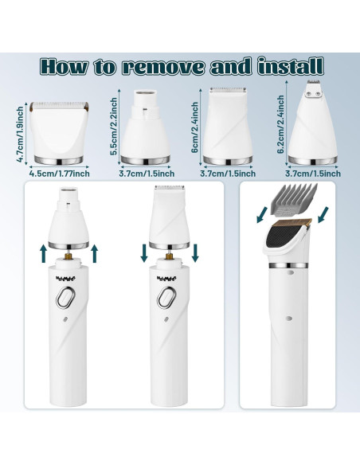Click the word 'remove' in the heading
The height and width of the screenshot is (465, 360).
coord(163,67)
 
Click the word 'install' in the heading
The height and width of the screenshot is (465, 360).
coord(290,66)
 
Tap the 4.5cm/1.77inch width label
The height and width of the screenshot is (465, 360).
coord(59,174)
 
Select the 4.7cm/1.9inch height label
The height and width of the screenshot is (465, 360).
coord(20,134)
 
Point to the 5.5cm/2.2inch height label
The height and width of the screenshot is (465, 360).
coord(114,127)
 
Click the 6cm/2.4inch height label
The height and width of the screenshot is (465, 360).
coord(195,127)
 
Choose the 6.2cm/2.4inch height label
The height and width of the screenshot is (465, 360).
coord(280,124)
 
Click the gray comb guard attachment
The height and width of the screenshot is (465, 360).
coord(292,201)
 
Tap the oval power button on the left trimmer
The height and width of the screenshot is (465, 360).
coord(66,298)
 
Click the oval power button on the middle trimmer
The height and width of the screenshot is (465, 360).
coord(166,298)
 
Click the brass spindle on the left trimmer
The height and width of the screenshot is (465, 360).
coord(68,255)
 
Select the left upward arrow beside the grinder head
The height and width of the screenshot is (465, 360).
coord(43,253)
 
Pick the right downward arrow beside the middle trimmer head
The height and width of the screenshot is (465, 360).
coord(195,253)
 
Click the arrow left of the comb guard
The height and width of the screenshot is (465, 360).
coord(262,215)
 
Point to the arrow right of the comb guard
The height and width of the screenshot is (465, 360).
coord(323,215)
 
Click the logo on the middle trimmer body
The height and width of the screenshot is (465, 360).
coord(166,278)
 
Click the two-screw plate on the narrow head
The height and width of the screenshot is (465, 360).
coord(313,94)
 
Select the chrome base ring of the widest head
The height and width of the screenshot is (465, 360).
coord(58,160)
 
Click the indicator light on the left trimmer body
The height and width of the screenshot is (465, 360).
coord(65,320)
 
